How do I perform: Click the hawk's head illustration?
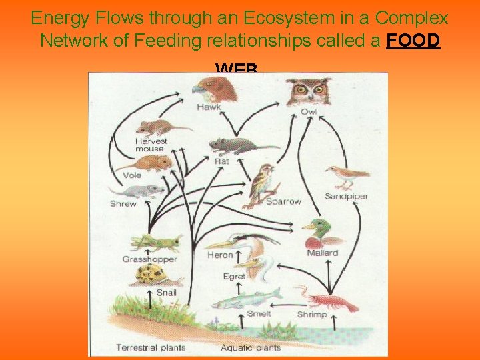click(213, 88)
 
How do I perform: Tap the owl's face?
click(308, 91)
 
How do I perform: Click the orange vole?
click(147, 162)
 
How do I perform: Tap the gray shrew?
click(142, 192)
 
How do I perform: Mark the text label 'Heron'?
click(219, 255)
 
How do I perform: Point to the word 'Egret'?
click(234, 276)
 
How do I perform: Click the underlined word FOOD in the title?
click(413, 40)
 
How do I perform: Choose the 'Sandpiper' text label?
click(346, 196)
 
